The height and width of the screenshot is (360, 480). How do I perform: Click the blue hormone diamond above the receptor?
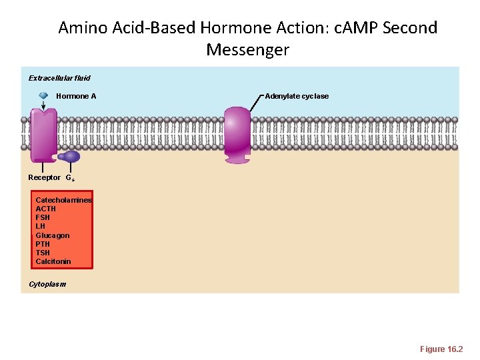click(43, 96)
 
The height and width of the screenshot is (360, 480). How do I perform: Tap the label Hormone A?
click(76, 96)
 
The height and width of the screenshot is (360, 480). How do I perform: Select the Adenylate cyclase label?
click(297, 96)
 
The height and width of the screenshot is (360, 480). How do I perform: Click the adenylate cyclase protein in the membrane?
click(237, 135)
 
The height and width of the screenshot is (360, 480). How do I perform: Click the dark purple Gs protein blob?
click(71, 157)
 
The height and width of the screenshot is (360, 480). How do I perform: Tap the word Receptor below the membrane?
click(44, 177)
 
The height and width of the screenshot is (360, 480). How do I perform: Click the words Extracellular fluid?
click(59, 78)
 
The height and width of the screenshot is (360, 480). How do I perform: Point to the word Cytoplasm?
click(47, 284)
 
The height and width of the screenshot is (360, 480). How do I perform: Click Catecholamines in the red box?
click(63, 200)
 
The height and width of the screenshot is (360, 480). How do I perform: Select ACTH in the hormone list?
click(45, 209)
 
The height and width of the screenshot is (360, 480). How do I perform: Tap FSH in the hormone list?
click(43, 217)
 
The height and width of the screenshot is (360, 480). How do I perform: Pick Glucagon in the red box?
click(52, 235)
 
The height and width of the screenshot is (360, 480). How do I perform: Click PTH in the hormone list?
click(43, 244)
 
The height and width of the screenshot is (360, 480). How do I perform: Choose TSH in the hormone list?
click(43, 253)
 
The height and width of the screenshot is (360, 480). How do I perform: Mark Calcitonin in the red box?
click(53, 261)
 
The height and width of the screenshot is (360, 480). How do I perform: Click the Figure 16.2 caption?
click(441, 349)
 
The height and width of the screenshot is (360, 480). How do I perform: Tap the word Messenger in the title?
click(247, 49)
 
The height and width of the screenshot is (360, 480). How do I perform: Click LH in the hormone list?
click(40, 226)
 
